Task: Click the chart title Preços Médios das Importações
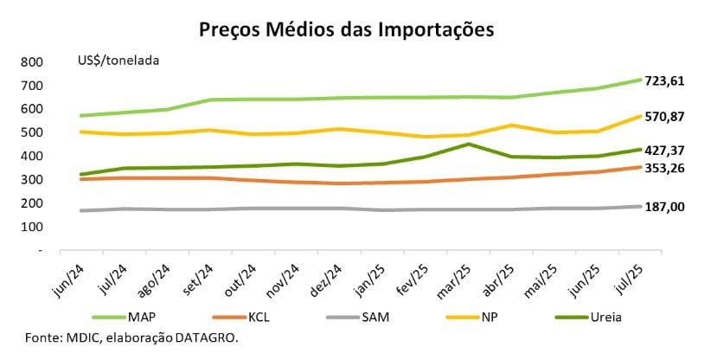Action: pos(346,29)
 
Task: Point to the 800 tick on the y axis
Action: pos(32,62)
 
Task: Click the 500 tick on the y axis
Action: pos(32,132)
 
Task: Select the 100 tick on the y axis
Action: pos(32,227)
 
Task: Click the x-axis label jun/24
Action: pos(72,275)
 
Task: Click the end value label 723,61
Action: pos(664,80)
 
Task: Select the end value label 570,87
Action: pos(664,116)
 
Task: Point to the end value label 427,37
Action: pos(664,150)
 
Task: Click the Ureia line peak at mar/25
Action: pos(468,145)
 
